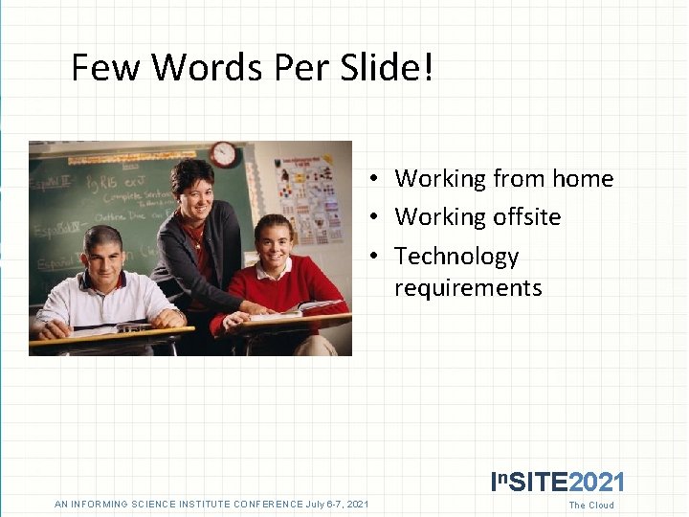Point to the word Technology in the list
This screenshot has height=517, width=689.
click(x=456, y=257)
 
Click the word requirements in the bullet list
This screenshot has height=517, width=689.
click(x=468, y=288)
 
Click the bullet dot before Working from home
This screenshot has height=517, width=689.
click(x=379, y=180)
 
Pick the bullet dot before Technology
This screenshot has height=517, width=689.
click(x=379, y=258)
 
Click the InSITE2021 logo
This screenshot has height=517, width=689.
click(x=557, y=482)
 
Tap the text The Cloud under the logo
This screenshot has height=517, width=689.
click(x=591, y=506)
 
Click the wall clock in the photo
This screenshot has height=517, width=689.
click(x=224, y=153)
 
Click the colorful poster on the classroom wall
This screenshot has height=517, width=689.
click(x=308, y=199)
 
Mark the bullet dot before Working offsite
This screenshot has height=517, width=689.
click(x=379, y=218)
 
